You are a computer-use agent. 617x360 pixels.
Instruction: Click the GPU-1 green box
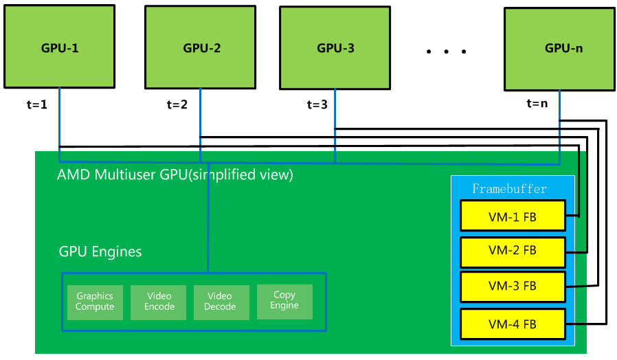click(x=59, y=48)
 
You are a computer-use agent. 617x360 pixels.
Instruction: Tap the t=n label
click(x=537, y=104)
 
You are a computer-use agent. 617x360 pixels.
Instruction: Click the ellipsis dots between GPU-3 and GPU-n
click(x=446, y=52)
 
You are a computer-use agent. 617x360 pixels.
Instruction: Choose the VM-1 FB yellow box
click(x=513, y=217)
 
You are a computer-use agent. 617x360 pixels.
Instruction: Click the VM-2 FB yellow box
click(x=513, y=251)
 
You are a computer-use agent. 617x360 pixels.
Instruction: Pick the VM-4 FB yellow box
click(x=513, y=324)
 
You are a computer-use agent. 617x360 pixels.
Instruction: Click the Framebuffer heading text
click(x=510, y=189)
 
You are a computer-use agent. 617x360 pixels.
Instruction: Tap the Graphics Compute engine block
click(x=95, y=302)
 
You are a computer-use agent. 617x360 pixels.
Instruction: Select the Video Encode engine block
click(x=159, y=302)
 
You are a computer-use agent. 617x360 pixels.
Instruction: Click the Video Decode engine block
click(x=220, y=302)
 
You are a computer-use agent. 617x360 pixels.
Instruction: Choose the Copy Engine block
click(x=284, y=300)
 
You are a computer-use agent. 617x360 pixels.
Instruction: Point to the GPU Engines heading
click(x=100, y=251)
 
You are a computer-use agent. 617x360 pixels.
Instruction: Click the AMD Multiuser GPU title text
click(x=175, y=175)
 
